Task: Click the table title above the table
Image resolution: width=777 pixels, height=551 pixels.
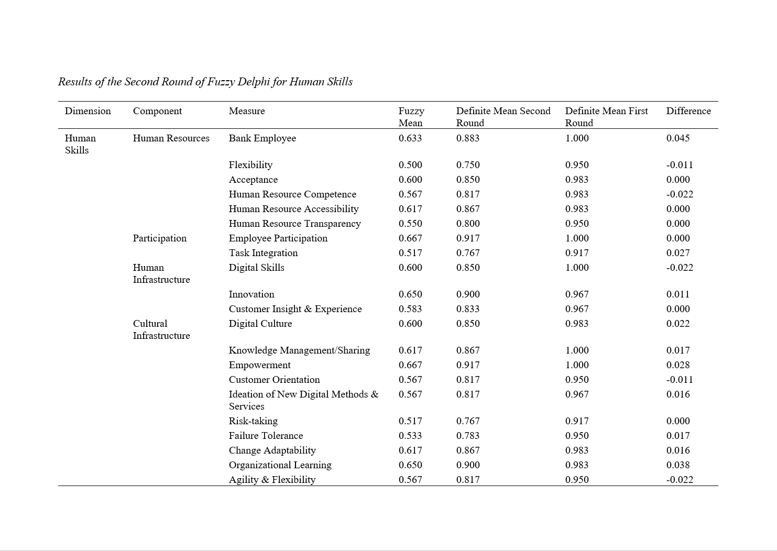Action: [x=205, y=82]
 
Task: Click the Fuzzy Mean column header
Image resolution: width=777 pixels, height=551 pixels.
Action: [x=411, y=117]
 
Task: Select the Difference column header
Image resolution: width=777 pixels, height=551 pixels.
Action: [x=688, y=111]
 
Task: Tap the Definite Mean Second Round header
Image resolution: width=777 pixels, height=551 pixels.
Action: [x=503, y=117]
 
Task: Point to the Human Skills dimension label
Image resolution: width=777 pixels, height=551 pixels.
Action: [x=80, y=144]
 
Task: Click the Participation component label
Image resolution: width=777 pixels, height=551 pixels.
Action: [x=159, y=238]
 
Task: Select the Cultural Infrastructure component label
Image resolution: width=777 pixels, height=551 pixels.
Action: [x=161, y=329]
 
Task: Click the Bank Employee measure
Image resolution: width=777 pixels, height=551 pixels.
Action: [x=262, y=138]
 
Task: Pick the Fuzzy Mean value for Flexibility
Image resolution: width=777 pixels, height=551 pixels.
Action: [x=410, y=165]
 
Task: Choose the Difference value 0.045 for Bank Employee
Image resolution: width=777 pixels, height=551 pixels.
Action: [x=678, y=138]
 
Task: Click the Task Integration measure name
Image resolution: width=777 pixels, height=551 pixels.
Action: [x=263, y=253]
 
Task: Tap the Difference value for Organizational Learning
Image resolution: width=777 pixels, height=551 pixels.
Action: [x=678, y=465]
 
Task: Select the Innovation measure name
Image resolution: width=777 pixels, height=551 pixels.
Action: [x=251, y=294]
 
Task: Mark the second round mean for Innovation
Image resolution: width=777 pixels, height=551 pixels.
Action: [x=468, y=294]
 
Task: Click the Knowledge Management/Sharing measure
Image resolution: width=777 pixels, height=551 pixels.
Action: [x=299, y=350]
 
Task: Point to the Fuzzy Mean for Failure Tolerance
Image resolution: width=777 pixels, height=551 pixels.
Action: [x=410, y=436]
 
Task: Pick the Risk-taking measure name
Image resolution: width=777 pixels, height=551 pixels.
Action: [x=253, y=421]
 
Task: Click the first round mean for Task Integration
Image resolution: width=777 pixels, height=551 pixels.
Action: [x=577, y=253]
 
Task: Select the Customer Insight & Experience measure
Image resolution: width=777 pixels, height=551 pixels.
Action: [x=295, y=309]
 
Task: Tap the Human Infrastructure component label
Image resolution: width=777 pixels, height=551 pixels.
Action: [x=161, y=273]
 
